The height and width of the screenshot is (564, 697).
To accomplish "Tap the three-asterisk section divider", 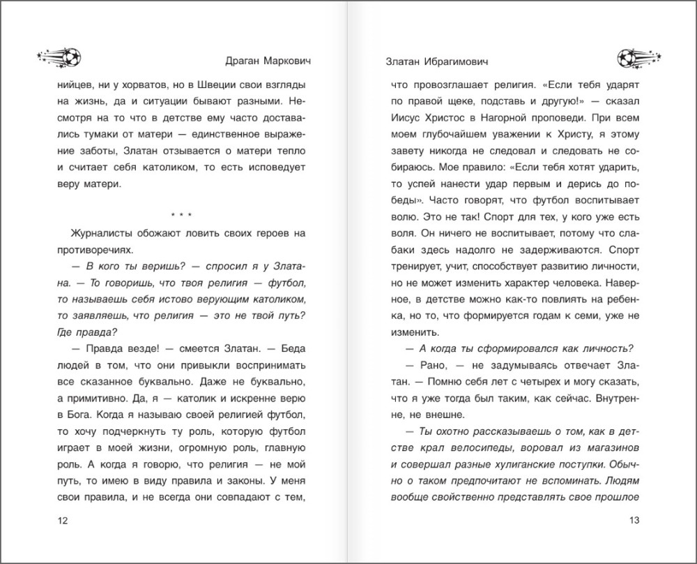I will pyautogui.click(x=181, y=214).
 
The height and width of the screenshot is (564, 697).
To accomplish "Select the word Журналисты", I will pyautogui.click(x=105, y=232).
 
